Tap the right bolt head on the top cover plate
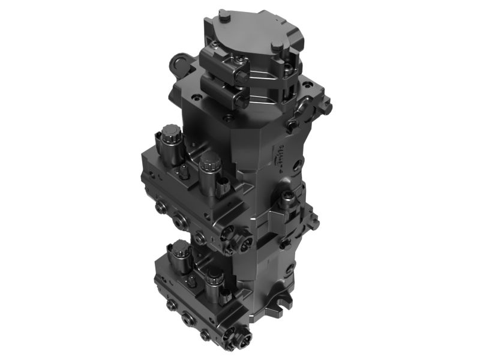click(x=277, y=46)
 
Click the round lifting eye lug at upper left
click(x=179, y=62)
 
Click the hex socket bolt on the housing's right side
click(x=289, y=196)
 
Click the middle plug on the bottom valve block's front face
click(x=188, y=318)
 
